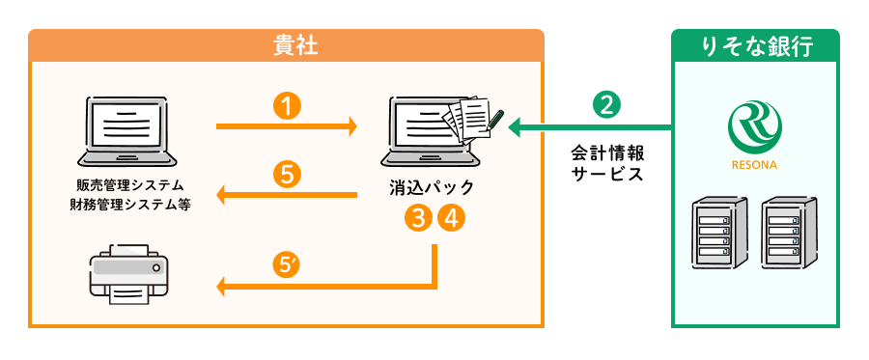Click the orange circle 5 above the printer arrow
click(x=287, y=174)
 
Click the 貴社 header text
click(x=287, y=44)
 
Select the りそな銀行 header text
click(x=755, y=44)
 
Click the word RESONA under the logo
click(x=754, y=164)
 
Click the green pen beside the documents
click(x=495, y=119)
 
